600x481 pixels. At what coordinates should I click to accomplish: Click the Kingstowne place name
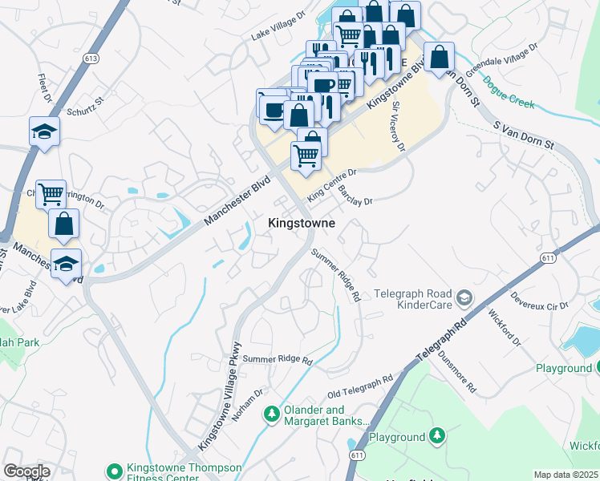[x=301, y=223]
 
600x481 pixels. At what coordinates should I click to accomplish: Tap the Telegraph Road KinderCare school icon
[x=464, y=300]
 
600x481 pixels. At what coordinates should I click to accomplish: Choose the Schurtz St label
[x=87, y=107]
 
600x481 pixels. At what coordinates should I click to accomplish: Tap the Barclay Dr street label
[x=355, y=196]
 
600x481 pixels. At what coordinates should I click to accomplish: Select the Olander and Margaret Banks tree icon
[x=272, y=414]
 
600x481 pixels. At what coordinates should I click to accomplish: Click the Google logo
[x=26, y=471]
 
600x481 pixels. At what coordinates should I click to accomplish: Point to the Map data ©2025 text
[x=566, y=475]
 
